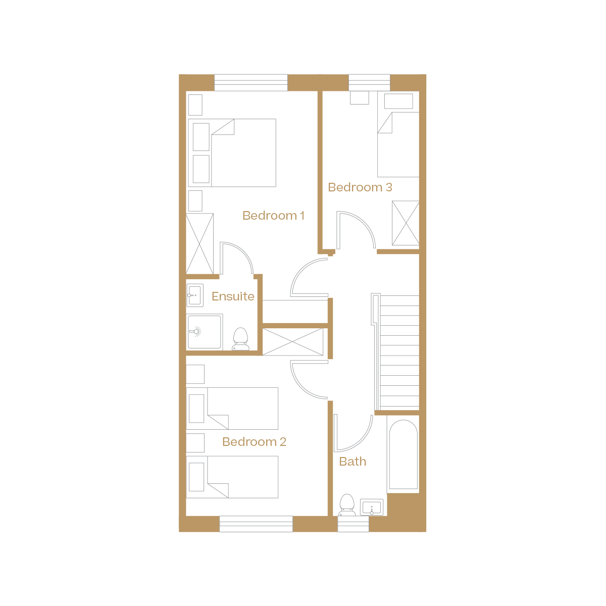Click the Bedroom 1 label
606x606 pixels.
[x=273, y=216]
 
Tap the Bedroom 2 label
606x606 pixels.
[x=254, y=442]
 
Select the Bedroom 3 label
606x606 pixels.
[x=360, y=187]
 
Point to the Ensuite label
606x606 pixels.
[x=233, y=296]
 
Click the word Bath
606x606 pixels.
[x=352, y=462]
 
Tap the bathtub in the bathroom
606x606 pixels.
[x=403, y=454]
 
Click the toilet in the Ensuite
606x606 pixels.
[x=241, y=339]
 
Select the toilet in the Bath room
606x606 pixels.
[x=346, y=504]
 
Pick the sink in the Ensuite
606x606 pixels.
[x=195, y=295]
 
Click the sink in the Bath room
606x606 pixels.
[x=372, y=507]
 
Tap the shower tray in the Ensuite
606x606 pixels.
[x=205, y=332]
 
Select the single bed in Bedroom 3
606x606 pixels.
[x=398, y=144]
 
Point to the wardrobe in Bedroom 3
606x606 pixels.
[x=405, y=223]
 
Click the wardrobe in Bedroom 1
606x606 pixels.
[x=200, y=244]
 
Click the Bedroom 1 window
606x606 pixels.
[x=251, y=82]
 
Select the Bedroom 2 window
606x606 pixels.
[x=256, y=524]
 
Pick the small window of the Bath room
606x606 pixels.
[x=353, y=524]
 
